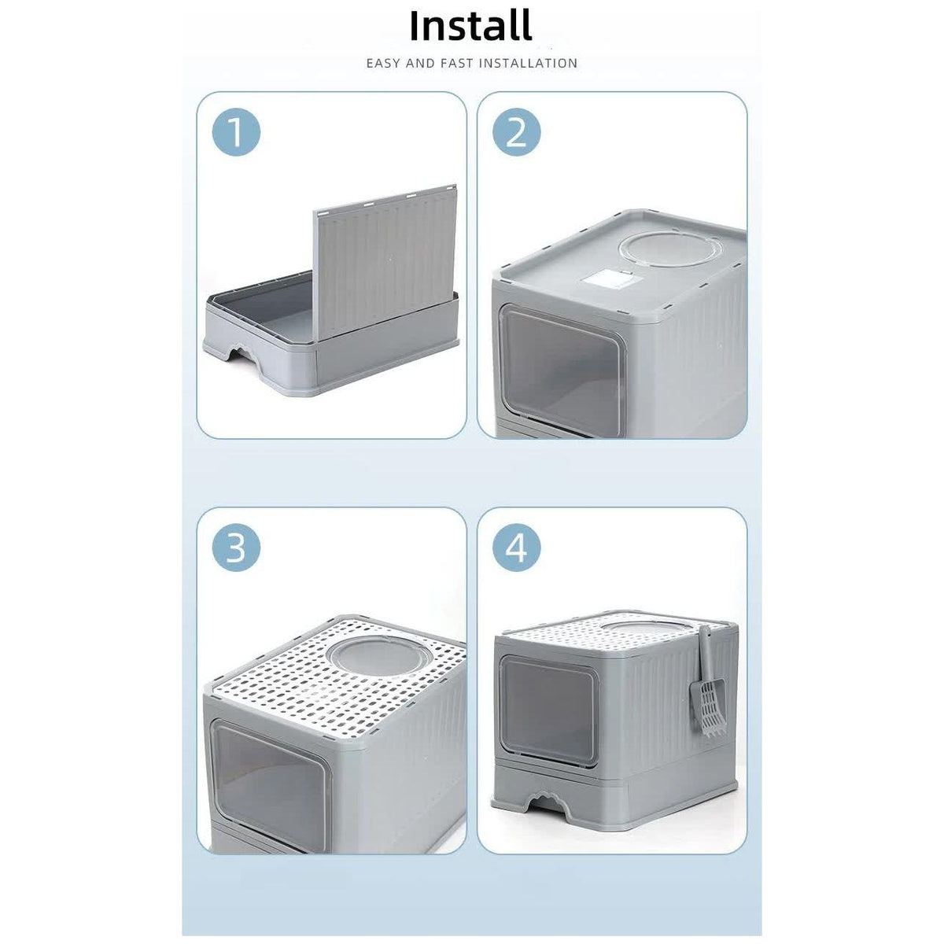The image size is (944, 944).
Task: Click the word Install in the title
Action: (470, 25)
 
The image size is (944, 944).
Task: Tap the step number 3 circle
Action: (235, 548)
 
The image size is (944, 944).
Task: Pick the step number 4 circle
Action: (517, 548)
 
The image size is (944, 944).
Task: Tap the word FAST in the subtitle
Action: (448, 63)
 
